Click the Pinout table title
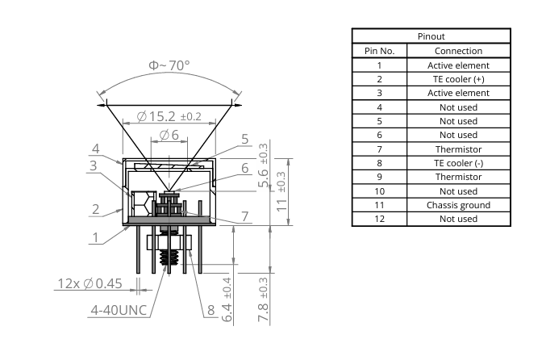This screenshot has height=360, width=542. coord(431,36)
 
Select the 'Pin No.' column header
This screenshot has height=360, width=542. coord(379,51)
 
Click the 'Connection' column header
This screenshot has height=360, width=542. coord(458,51)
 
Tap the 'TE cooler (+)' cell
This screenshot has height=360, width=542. coord(458,79)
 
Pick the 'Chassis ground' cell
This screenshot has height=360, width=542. coord(458,205)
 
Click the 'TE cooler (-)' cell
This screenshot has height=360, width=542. coord(458,163)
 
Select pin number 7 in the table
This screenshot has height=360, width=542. coord(379,149)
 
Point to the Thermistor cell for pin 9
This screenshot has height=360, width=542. coord(458,177)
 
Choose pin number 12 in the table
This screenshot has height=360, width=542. coord(379,219)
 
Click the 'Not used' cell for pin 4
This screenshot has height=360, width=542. coord(458,107)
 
